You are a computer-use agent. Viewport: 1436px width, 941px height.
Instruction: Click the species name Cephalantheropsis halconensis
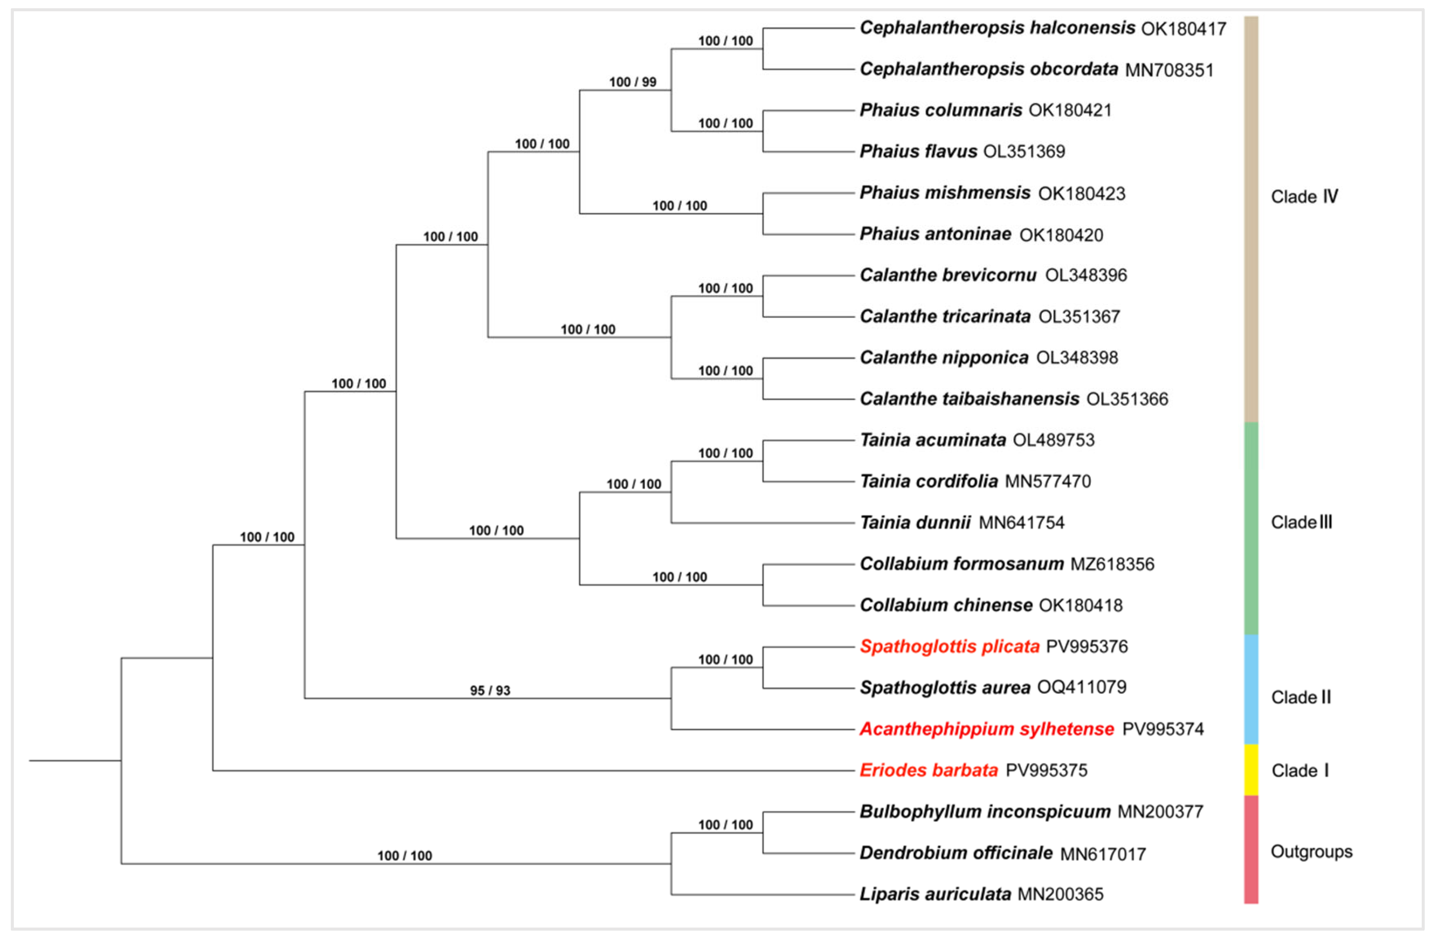(x=997, y=28)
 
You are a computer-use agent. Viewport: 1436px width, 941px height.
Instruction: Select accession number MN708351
(x=1169, y=70)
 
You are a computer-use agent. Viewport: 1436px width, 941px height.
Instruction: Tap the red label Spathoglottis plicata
(x=950, y=647)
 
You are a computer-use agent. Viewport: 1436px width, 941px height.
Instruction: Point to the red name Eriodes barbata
(x=928, y=770)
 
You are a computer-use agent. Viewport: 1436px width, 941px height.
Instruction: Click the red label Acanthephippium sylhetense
(x=986, y=729)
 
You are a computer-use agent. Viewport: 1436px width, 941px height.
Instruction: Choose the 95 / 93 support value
(x=490, y=690)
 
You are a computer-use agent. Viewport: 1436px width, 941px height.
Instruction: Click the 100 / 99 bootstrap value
(x=632, y=82)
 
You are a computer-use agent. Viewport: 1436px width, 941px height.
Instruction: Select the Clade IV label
(x=1304, y=197)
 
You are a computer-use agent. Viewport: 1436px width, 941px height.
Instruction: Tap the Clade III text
(x=1301, y=522)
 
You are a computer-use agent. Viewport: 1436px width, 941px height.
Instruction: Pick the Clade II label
(x=1300, y=697)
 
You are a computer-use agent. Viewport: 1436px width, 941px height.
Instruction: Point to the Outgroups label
(x=1311, y=852)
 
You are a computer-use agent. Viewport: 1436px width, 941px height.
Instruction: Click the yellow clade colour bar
(x=1251, y=770)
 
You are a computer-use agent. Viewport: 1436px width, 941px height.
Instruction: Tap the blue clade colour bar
(x=1251, y=689)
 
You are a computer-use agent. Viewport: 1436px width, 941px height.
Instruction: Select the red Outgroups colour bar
(x=1251, y=849)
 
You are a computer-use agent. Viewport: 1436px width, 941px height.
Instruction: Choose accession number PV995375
(x=1046, y=771)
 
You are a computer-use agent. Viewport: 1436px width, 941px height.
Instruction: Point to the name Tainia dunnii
(x=915, y=522)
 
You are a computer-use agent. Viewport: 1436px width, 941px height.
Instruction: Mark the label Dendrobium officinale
(x=956, y=853)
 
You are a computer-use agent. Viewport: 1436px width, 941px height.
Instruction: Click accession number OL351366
(x=1127, y=399)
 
